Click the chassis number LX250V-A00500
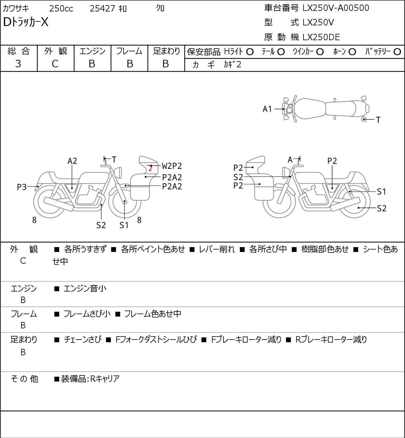coord(336,8)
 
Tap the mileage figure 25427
coord(102,8)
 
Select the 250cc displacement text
coord(61,8)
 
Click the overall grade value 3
coord(18,64)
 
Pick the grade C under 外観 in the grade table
coord(55,64)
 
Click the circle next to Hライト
coord(250,52)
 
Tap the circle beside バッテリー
coord(397,52)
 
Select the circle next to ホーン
coord(352,52)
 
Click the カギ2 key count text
coord(232,64)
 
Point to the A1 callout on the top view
coord(267,109)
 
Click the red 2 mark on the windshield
coord(150,168)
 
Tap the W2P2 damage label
coord(172,166)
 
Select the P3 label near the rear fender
coord(22,187)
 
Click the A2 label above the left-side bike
coord(72,161)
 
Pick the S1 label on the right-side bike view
coord(381,192)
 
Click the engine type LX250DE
coord(321,37)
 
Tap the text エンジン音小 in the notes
coord(85,288)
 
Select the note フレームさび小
coord(87,314)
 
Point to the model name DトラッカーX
coord(26,22)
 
